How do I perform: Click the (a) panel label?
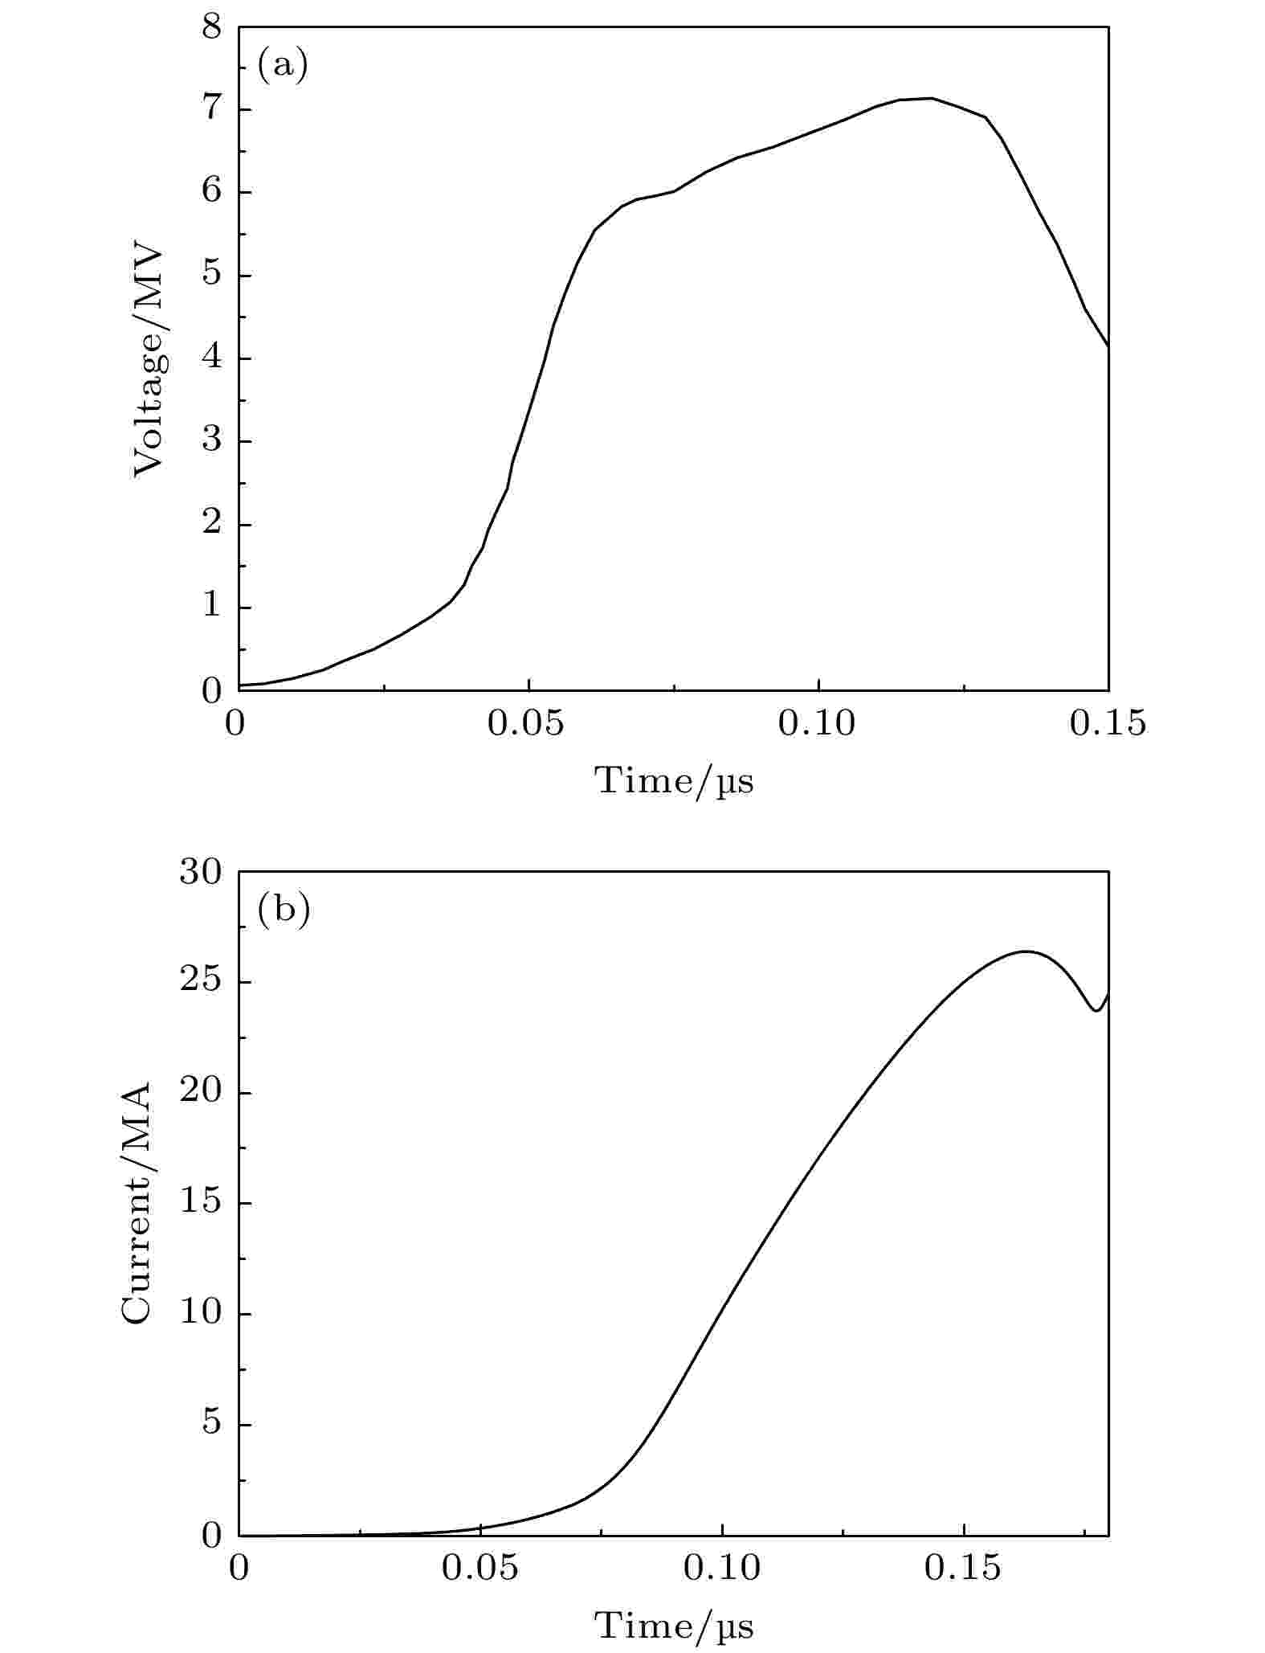[282, 64]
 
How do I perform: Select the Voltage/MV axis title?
[149, 361]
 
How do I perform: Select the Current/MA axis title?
[137, 1203]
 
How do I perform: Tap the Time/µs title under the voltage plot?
[674, 780]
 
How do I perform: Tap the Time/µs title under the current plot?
[674, 1625]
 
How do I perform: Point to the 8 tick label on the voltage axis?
[210, 28]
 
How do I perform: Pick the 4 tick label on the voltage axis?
[210, 358]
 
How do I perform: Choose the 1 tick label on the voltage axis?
[210, 608]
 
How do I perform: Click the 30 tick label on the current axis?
[199, 873]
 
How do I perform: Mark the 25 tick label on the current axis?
[199, 983]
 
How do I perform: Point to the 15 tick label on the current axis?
[199, 1204]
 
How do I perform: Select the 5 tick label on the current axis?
[210, 1425]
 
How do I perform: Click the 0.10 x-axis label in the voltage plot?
[817, 724]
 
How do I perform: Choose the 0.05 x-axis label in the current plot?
[480, 1569]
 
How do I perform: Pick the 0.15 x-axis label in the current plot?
[962, 1569]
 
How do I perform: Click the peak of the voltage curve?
[930, 98]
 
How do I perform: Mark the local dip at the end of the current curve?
[1096, 1011]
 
